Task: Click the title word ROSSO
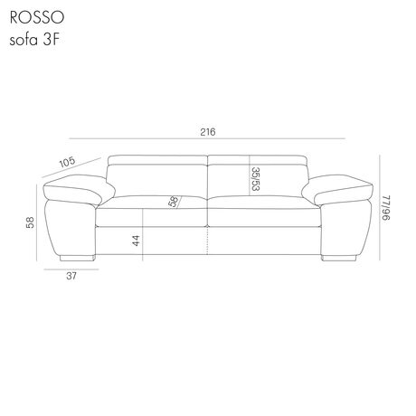tap(37, 18)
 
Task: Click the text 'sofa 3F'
tap(33, 40)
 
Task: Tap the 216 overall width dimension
tap(208, 132)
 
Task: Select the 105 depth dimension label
tap(67, 162)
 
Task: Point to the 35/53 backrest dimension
tap(255, 179)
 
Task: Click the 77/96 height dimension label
tap(386, 207)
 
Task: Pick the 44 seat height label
tap(137, 241)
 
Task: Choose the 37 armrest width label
tap(71, 276)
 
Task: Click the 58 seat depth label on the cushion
tap(174, 202)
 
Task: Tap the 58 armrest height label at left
tap(30, 222)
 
